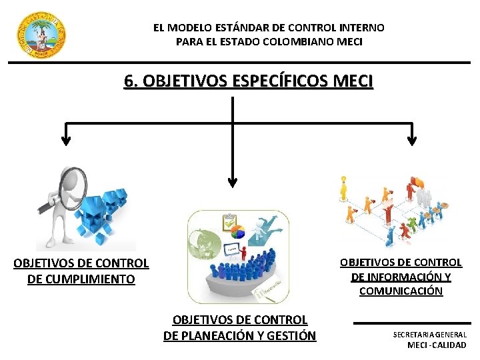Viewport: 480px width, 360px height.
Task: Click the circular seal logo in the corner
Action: tap(41, 35)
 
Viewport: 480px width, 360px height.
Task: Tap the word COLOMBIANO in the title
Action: tap(291, 41)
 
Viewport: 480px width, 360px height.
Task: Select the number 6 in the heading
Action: tap(129, 81)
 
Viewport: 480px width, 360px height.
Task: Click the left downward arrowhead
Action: tap(65, 140)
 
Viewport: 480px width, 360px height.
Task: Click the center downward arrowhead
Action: tap(232, 181)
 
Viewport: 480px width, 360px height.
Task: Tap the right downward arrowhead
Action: tap(411, 140)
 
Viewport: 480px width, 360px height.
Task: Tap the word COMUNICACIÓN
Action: tap(401, 291)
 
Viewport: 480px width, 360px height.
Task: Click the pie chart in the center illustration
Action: tap(237, 233)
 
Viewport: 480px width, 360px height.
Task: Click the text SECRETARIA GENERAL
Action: tap(429, 334)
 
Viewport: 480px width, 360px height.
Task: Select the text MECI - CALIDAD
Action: tap(437, 345)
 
